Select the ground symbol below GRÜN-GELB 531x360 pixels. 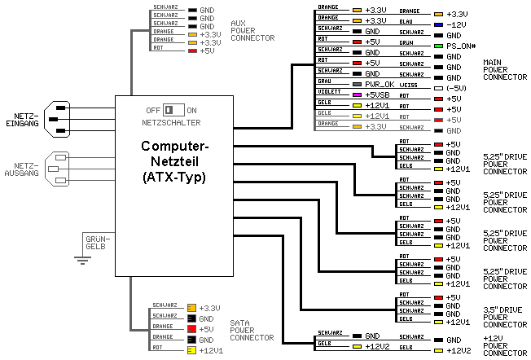pos(81,260)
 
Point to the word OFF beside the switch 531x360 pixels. pos(152,110)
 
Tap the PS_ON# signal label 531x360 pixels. pos(460,46)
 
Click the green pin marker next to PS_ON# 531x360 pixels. pos(439,46)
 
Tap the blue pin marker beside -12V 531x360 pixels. pos(439,24)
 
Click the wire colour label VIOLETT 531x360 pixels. pos(327,93)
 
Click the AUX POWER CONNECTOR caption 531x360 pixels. pos(252,30)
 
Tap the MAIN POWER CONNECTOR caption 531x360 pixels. pos(505,70)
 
